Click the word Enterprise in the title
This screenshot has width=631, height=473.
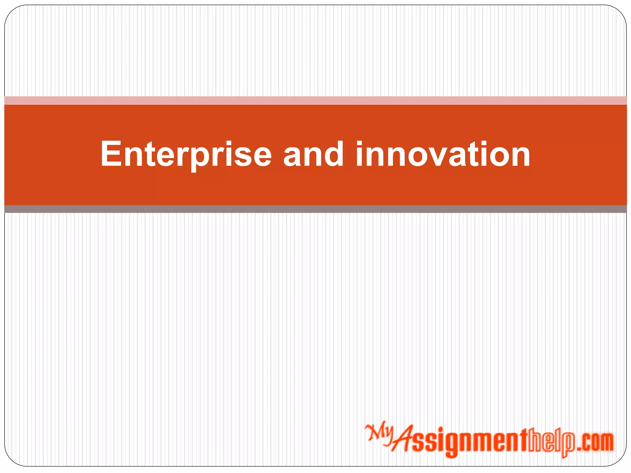pos(186,154)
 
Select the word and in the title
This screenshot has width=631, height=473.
pos(313,154)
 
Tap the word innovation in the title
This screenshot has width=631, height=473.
pos(443,154)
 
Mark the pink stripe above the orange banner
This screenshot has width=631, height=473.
pos(315,101)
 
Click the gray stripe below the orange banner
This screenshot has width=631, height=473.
pos(315,209)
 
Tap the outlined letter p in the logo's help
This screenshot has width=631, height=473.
pos(569,445)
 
